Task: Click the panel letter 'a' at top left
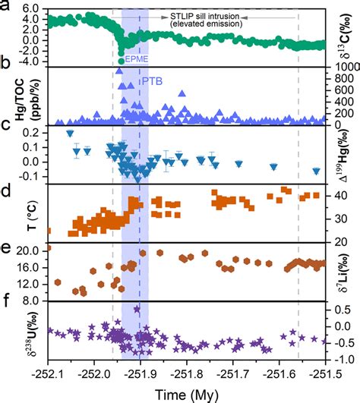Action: tap(6, 6)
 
